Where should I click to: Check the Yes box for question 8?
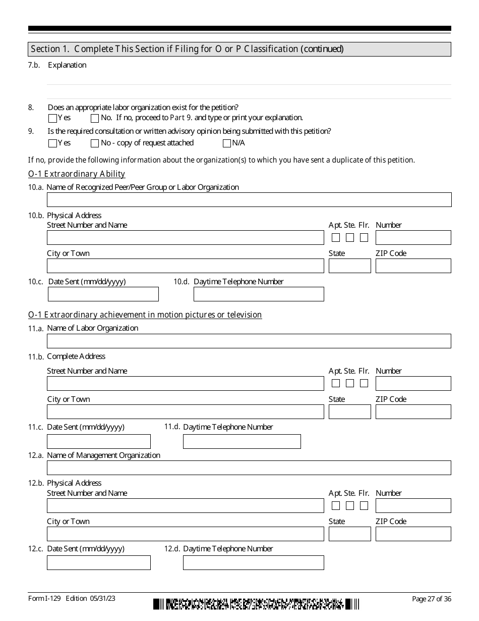pos(52,119)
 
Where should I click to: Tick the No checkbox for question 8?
pos(95,119)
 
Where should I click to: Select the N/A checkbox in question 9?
pos(226,143)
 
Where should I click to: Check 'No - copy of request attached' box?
pos(95,143)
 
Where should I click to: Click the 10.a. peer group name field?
pos(249,199)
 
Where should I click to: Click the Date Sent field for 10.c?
pos(103,294)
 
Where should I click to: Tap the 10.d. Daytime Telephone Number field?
pos(259,294)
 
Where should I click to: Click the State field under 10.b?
pos(349,266)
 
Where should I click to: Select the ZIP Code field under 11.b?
pos(413,412)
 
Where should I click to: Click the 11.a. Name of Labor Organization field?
pos(249,341)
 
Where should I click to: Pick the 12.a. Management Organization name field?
pos(249,468)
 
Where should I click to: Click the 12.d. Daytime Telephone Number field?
pos(253,562)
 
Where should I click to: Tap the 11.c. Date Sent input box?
pos(99,441)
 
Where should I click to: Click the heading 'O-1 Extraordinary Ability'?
pos(77,174)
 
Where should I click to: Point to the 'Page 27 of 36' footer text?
pos(431,599)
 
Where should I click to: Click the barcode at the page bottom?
pos(257,604)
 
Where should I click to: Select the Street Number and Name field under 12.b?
pos(186,505)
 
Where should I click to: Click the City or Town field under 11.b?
pos(186,412)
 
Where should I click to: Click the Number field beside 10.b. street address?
pos(413,238)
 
